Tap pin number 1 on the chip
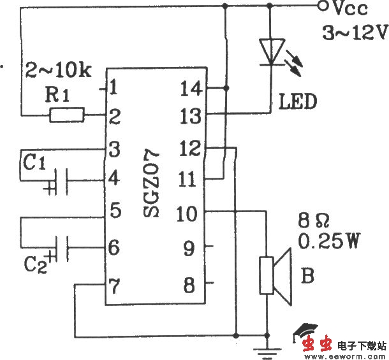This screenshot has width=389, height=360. coord(114,86)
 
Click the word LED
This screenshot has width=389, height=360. coord(297,101)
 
